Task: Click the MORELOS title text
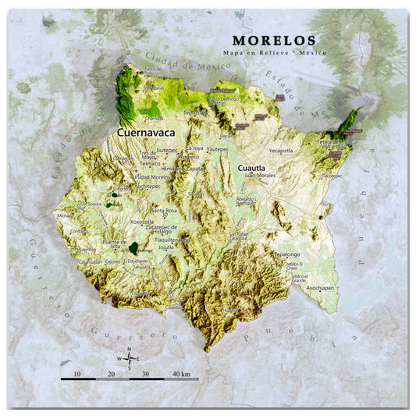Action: click(274, 40)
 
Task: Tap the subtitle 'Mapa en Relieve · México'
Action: click(274, 52)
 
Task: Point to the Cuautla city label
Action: click(251, 168)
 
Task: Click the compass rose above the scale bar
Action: click(130, 358)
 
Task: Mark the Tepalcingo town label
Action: click(286, 254)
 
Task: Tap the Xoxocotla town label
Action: click(142, 222)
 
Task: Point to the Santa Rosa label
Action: click(164, 210)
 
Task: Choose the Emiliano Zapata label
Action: click(183, 168)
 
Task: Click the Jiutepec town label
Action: click(168, 148)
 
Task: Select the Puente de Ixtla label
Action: click(114, 245)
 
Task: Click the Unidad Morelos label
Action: click(152, 177)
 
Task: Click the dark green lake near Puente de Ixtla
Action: click(133, 247)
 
